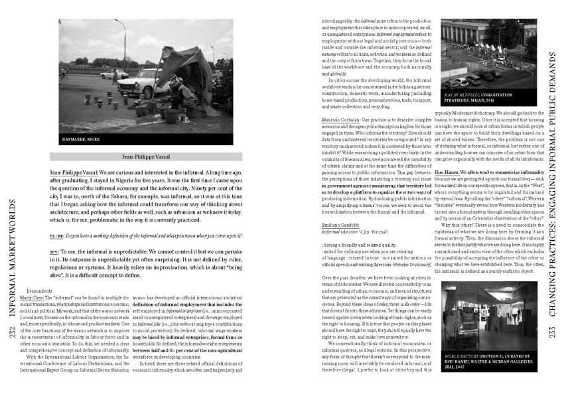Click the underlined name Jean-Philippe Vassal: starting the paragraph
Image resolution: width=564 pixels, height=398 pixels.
pos(56,172)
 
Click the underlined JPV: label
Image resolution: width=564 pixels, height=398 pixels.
pos(36,252)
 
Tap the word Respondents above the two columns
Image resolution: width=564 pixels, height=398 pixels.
pos(40,291)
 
